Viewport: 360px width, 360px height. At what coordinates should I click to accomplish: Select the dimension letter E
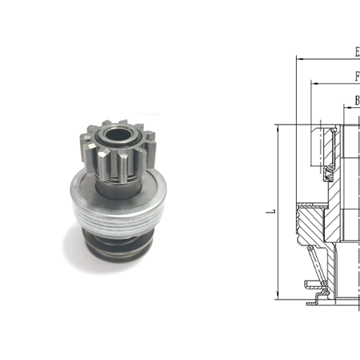tap(356, 53)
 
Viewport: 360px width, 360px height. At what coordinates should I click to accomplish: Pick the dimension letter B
tap(356, 101)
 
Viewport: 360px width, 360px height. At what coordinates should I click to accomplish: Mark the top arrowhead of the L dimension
tap(277, 127)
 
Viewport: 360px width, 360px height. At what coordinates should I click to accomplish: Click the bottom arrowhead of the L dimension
tap(277, 296)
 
